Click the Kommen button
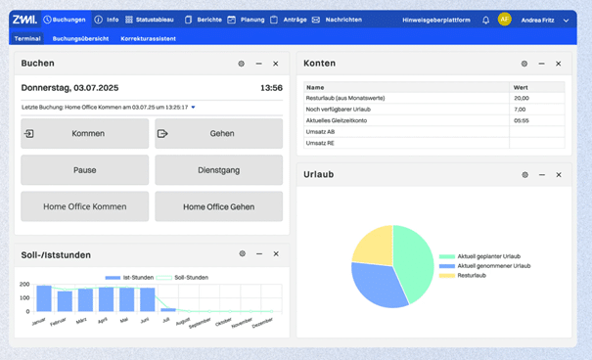(x=85, y=134)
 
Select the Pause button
(x=85, y=170)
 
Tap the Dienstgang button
(x=218, y=170)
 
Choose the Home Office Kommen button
(x=85, y=206)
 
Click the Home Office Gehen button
(x=218, y=206)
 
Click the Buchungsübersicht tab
(x=80, y=38)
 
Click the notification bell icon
(x=486, y=20)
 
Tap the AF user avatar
(x=505, y=20)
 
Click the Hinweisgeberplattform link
(x=436, y=20)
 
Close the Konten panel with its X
(x=559, y=64)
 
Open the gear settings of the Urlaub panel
(x=524, y=175)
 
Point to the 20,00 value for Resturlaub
(x=522, y=98)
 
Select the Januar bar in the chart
(x=43, y=298)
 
